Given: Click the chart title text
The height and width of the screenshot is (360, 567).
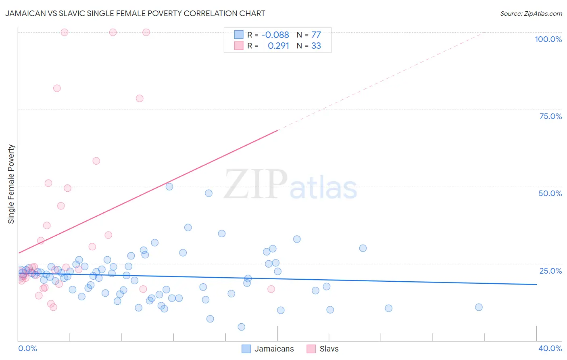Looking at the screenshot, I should pos(135,13).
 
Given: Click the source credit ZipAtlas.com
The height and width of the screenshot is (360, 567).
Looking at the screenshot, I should pos(531,13).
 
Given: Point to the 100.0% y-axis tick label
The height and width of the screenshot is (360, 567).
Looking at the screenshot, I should pos(548,39).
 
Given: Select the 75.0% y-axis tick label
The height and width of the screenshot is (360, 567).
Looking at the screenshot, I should pos(550,116).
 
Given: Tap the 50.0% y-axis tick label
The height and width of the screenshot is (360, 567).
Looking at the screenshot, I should pos(550,193).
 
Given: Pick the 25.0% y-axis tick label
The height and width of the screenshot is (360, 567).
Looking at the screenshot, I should pos(550,271).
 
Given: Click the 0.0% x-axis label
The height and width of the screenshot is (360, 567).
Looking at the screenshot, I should pos(27,348).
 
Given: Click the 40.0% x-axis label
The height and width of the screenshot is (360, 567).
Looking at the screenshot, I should pos(550,348).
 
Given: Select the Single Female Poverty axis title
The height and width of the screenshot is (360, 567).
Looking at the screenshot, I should pos(11,184).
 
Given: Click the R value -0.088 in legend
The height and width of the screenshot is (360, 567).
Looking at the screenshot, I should pos(275,35).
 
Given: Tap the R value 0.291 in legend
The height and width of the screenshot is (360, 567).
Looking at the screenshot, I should pos(278,46).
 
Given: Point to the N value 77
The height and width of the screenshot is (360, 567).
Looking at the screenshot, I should pos(316,35).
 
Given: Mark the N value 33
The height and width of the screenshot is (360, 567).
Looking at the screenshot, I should pos(316,46).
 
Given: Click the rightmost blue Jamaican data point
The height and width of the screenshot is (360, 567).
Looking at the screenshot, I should pos(479,307).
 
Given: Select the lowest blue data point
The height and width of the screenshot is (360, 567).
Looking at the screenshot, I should pos(241,327).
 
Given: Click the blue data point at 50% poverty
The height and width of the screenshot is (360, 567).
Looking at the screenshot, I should pos(169,186).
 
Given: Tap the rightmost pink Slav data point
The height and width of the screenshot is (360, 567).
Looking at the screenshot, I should pos(271,289).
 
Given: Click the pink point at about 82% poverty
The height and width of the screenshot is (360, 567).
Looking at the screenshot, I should pos(57,88).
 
